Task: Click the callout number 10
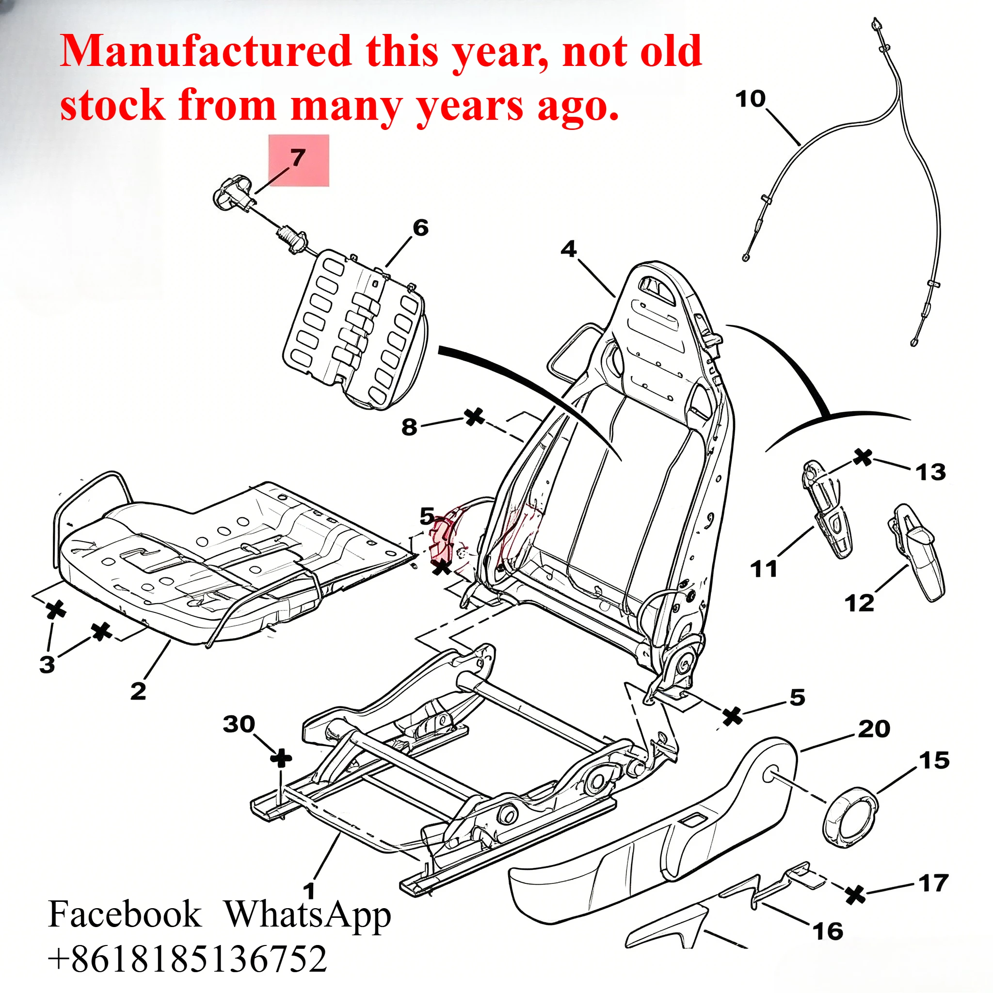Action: click(751, 99)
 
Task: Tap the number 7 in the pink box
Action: click(298, 157)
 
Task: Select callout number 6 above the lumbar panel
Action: click(420, 227)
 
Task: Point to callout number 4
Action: click(568, 249)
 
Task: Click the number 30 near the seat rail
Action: click(239, 724)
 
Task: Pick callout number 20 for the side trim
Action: click(874, 729)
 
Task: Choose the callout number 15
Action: click(934, 761)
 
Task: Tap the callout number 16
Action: click(828, 931)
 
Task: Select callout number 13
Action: click(931, 472)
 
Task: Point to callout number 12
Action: click(859, 603)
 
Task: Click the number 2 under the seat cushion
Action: click(138, 691)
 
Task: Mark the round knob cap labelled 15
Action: click(850, 817)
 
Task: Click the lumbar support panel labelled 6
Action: click(354, 329)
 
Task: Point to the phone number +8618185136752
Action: click(188, 959)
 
